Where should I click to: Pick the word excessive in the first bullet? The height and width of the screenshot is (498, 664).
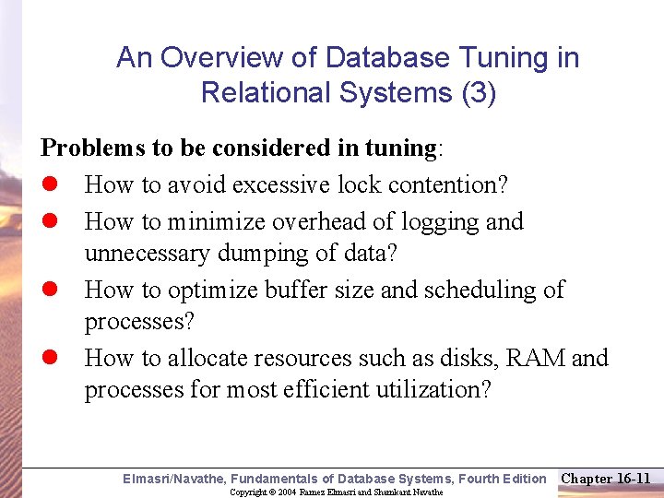coord(280,185)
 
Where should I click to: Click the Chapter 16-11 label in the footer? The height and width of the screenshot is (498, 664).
coord(606,478)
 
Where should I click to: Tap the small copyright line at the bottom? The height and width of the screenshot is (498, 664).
coord(336,492)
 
